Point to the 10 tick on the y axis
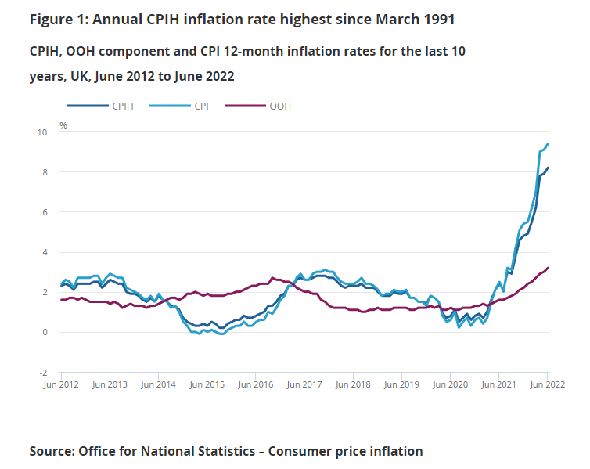click(43, 132)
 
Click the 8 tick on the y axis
click(45, 172)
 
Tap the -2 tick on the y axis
click(44, 373)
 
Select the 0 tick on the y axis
click(45, 333)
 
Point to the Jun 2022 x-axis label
click(547, 385)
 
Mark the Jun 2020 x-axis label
click(451, 385)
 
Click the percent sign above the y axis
click(63, 125)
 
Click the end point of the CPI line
click(548, 143)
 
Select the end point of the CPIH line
click(548, 168)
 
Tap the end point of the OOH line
click(548, 268)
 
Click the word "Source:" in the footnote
click(52, 451)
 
